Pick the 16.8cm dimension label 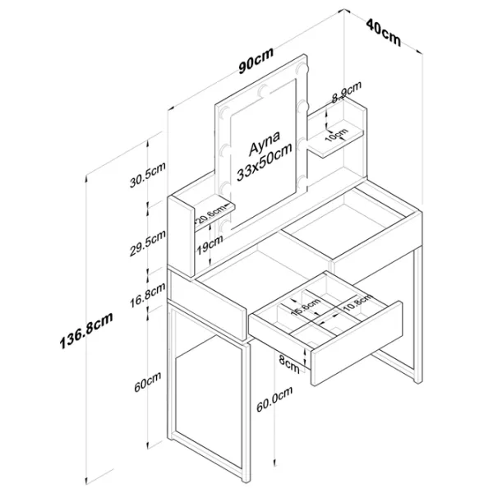click(150, 294)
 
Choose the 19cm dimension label click(210, 242)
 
